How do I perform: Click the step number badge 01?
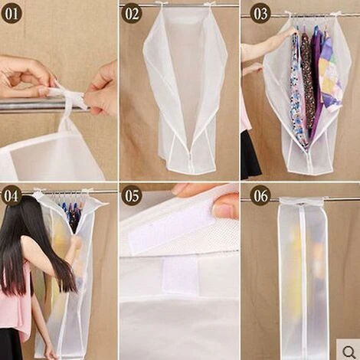(x=11, y=13)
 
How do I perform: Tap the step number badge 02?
(x=132, y=13)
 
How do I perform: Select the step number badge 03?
(x=260, y=13)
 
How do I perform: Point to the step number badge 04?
(x=11, y=195)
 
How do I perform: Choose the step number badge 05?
(x=132, y=195)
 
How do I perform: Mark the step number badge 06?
(x=260, y=195)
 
